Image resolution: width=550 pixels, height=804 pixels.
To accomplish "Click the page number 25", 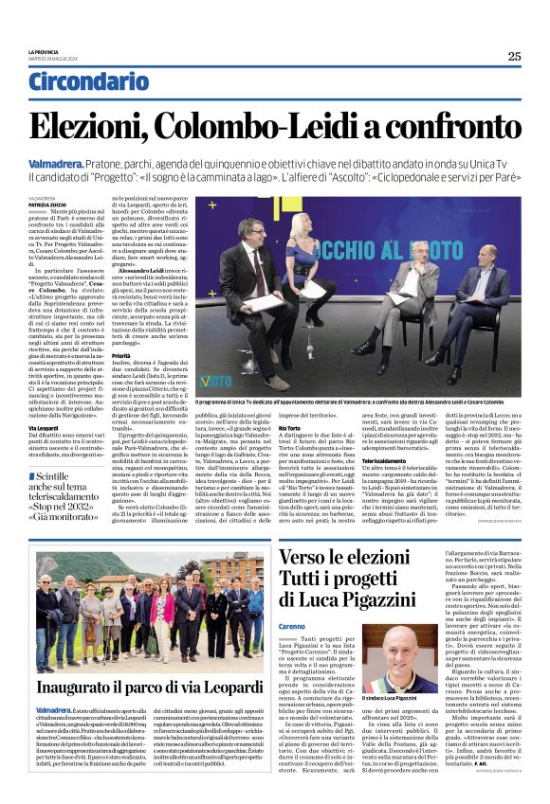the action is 514,56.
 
